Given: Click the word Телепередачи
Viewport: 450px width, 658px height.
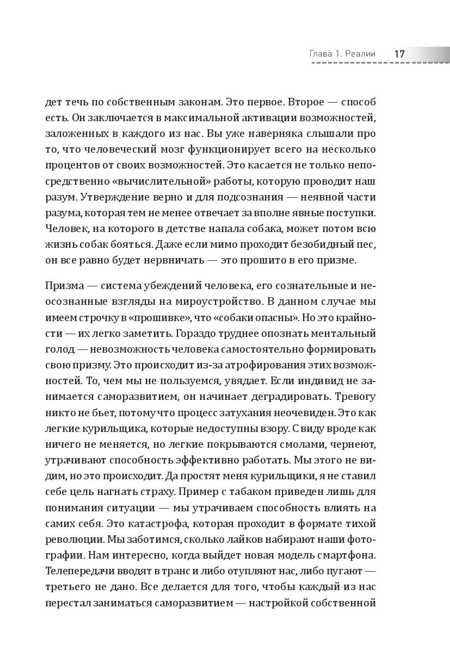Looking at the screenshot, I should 82,570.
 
